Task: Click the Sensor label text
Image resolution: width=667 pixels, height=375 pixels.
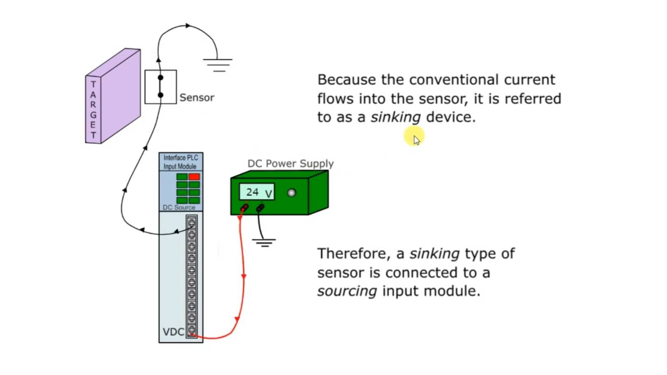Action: (197, 98)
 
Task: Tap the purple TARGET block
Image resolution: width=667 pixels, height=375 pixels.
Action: (113, 97)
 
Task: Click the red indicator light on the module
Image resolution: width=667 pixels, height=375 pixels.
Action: (194, 177)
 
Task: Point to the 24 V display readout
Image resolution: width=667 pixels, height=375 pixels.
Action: (257, 192)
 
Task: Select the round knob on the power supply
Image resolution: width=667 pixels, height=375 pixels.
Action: (291, 192)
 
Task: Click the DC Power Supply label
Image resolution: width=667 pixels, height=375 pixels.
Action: (291, 164)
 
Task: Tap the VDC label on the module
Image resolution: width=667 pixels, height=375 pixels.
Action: (173, 332)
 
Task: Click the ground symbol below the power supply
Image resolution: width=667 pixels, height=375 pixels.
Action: (264, 242)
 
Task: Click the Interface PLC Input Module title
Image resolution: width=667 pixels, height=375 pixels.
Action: (181, 162)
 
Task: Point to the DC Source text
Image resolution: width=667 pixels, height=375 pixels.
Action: (179, 208)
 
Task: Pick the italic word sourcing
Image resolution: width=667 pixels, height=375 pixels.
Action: (347, 291)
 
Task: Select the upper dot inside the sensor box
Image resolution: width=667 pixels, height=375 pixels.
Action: (160, 78)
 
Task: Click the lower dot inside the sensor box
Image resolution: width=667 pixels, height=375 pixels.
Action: (160, 95)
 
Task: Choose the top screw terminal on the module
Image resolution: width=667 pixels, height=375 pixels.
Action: (192, 223)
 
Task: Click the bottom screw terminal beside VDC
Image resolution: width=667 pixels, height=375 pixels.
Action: (192, 330)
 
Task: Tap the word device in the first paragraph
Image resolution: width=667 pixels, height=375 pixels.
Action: (451, 117)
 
